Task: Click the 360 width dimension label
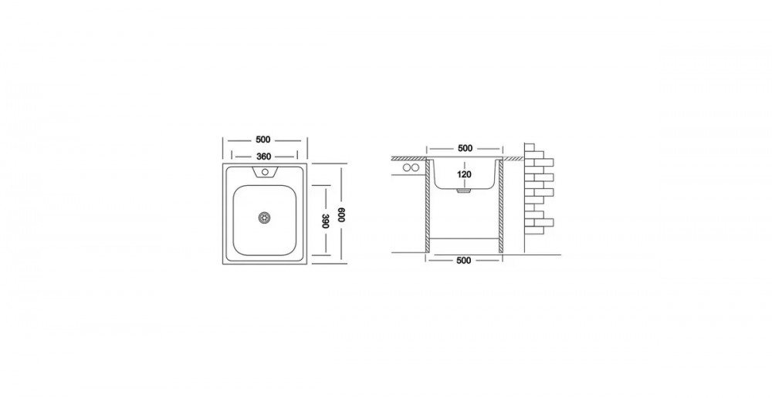[x=264, y=157]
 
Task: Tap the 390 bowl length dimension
[x=324, y=221]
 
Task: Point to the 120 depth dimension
[x=464, y=174]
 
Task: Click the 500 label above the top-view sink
[x=264, y=140]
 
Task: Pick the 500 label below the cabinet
[x=463, y=261]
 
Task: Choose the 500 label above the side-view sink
[x=465, y=148]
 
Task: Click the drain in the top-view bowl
[x=265, y=217]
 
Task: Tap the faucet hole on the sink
[x=265, y=172]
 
